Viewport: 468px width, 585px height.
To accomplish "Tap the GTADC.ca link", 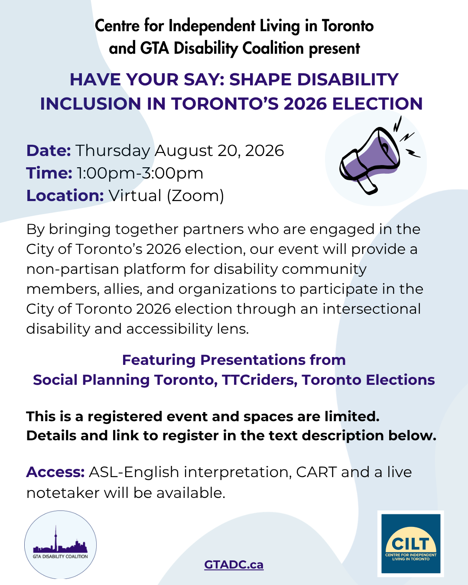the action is click(x=234, y=564).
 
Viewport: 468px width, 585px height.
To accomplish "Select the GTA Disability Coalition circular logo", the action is click(x=60, y=545).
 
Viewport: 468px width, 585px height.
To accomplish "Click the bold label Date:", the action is click(x=49, y=150).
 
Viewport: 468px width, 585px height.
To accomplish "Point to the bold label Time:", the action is click(x=49, y=173).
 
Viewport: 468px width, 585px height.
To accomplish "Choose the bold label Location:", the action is click(x=65, y=195).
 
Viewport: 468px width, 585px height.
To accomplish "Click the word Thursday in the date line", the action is click(x=113, y=151).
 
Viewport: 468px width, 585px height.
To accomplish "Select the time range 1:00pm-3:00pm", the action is click(x=140, y=173).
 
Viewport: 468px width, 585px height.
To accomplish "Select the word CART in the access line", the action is click(x=316, y=472).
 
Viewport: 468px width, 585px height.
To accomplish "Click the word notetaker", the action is click(x=62, y=493).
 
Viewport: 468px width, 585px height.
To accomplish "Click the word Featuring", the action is click(x=159, y=361).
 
